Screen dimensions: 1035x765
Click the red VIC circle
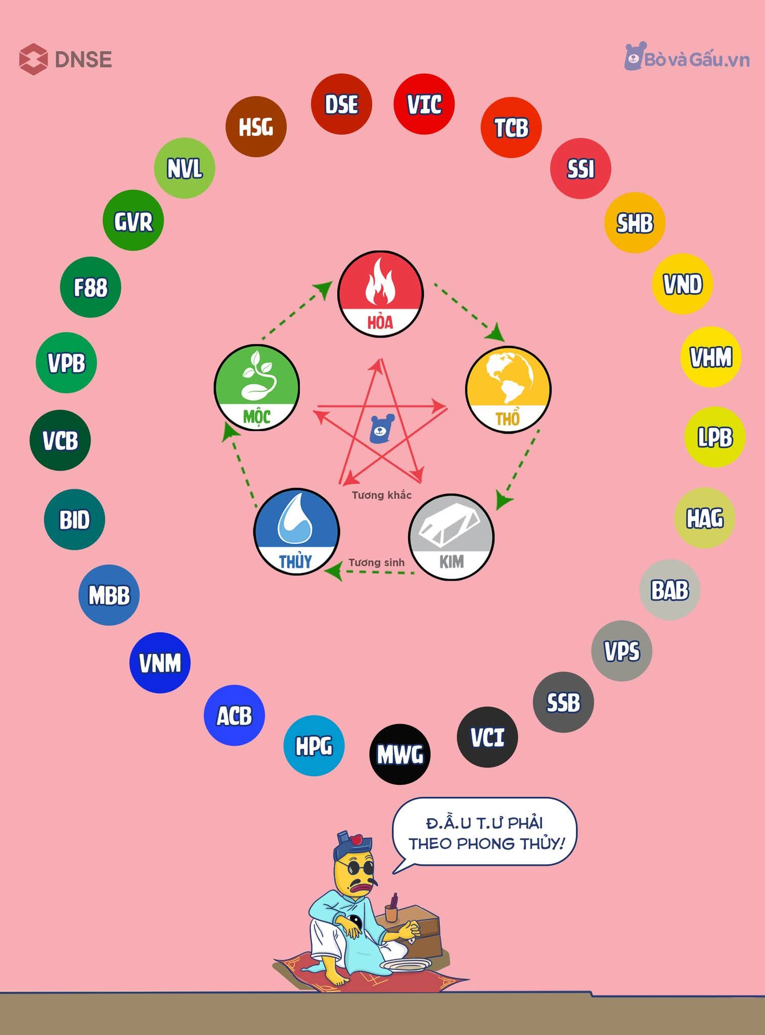click(424, 104)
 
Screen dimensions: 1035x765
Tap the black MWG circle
click(399, 754)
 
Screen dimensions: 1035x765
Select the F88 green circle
click(91, 288)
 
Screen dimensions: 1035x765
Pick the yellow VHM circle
click(710, 357)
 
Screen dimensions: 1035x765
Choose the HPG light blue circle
click(313, 745)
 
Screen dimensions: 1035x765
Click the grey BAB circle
click(669, 590)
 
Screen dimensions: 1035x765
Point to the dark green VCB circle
click(60, 440)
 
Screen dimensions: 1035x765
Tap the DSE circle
click(341, 104)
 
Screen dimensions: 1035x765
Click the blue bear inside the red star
click(382, 429)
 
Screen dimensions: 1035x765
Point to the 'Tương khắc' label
click(382, 495)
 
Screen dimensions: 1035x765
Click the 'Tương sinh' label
click(376, 562)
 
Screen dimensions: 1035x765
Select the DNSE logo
click(66, 59)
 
